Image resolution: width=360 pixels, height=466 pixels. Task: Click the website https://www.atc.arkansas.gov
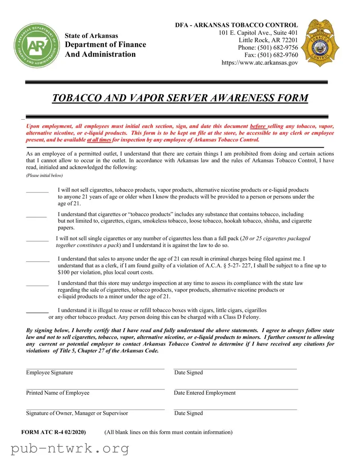260,63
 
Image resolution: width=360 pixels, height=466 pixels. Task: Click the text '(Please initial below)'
44,176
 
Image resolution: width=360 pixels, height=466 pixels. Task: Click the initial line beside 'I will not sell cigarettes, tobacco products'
37,192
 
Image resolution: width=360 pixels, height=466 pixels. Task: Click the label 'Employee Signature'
49,373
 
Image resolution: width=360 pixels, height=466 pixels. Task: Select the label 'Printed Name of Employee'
58,393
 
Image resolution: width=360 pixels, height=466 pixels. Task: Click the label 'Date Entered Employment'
204,393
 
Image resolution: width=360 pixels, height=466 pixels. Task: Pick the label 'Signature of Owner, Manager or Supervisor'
77,414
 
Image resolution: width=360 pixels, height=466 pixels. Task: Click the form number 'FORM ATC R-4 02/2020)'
53,432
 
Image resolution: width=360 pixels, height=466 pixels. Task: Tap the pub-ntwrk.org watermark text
70,449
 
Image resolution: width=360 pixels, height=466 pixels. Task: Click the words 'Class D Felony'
242,317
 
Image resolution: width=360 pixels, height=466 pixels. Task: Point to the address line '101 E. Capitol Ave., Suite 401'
258,33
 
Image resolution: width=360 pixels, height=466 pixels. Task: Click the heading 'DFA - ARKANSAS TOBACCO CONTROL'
236,25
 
